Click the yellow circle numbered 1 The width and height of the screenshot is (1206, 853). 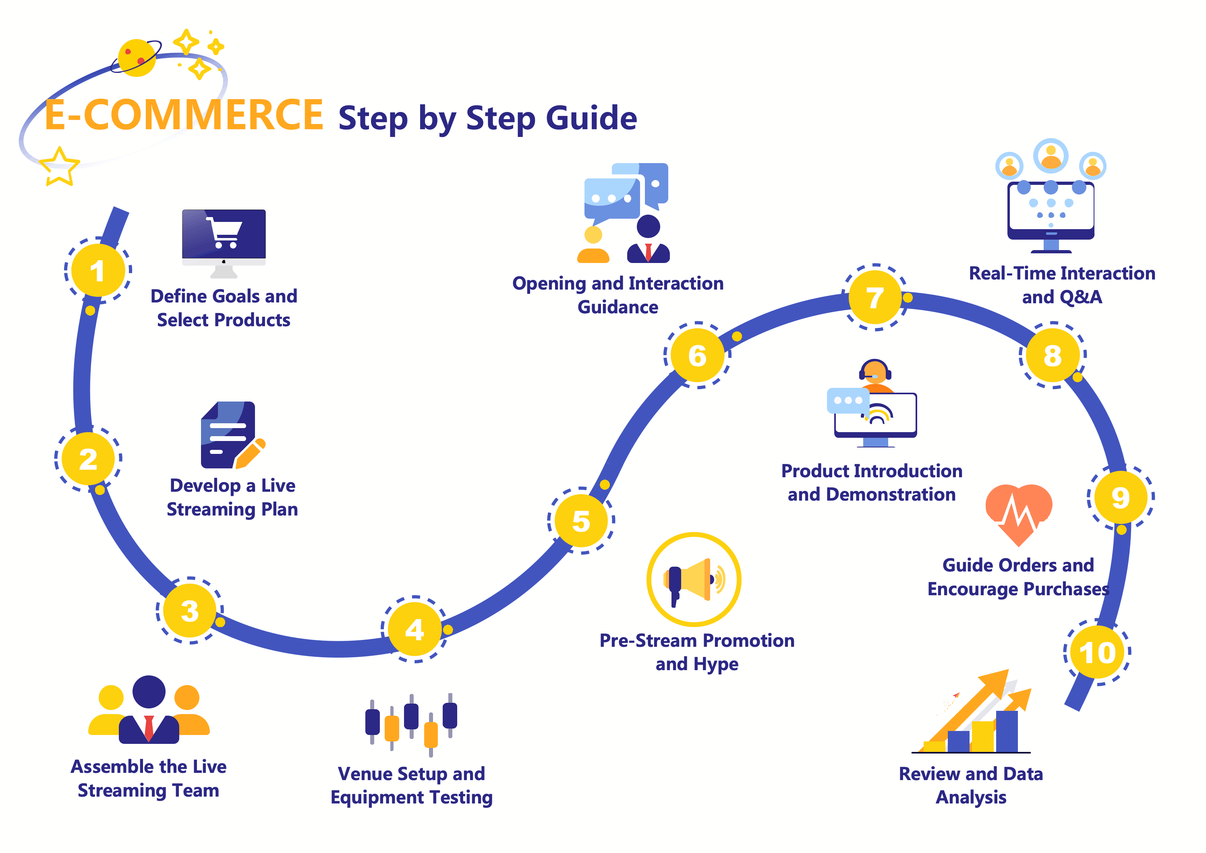tap(98, 271)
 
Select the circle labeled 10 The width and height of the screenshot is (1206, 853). tap(1097, 652)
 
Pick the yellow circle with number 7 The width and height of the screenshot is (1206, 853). tap(875, 297)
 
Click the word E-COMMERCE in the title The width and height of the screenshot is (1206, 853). tap(184, 116)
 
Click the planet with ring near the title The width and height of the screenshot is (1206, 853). tap(137, 58)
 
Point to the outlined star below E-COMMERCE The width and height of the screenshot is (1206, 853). tap(59, 167)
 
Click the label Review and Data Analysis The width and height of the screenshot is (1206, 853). tap(971, 785)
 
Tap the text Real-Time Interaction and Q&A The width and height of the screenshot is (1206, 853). tap(1061, 285)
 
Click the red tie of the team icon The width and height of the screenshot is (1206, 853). tap(149, 727)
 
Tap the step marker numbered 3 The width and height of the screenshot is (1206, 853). tap(190, 610)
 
